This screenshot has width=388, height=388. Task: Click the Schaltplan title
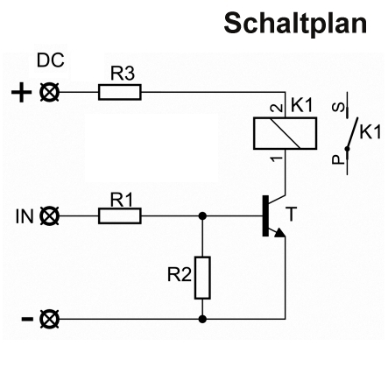[295, 24]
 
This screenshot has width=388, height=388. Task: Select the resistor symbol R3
[120, 92]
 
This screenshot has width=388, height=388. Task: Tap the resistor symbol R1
[120, 216]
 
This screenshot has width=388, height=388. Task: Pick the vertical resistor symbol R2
[202, 278]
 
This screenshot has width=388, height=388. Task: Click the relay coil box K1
[285, 133]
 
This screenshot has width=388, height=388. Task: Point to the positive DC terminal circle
[49, 92]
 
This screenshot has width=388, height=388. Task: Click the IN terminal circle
[49, 216]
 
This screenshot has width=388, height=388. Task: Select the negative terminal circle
[49, 319]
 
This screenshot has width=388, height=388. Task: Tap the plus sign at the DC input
[22, 93]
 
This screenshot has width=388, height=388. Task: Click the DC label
[51, 60]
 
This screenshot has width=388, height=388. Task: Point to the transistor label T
[291, 214]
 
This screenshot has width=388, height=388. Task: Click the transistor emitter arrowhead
[280, 232]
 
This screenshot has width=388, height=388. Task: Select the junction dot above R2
[202, 216]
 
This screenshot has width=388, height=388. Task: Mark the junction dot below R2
[202, 319]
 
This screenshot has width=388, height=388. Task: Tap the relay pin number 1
[277, 159]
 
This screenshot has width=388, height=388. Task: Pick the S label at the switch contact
[339, 108]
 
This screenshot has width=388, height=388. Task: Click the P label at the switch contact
[339, 159]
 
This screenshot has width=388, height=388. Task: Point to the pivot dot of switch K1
[347, 149]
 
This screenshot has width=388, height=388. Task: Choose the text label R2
[180, 275]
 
